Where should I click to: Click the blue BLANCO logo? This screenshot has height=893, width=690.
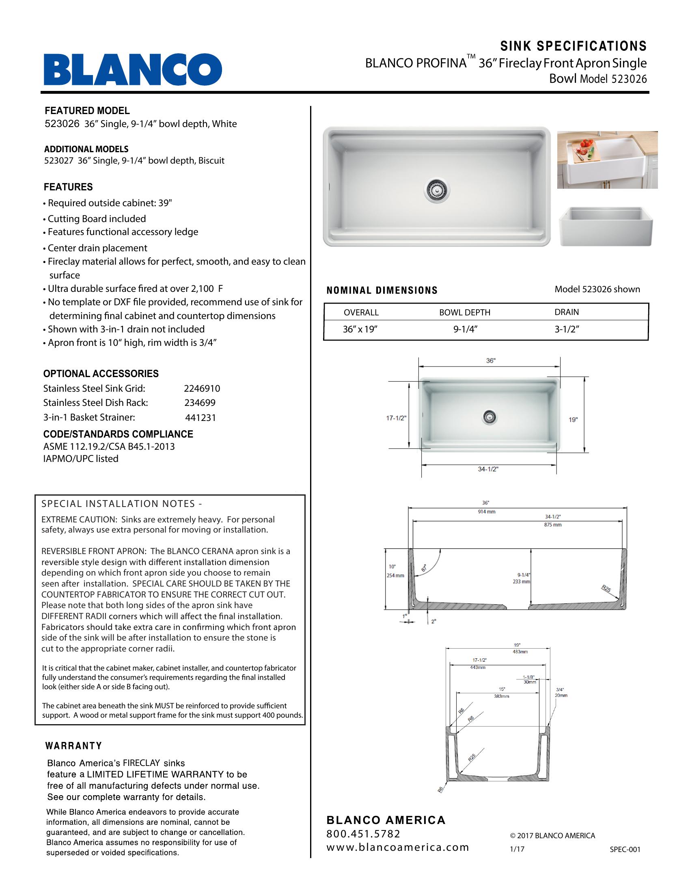point(133,69)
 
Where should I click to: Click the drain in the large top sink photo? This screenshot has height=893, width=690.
point(437,189)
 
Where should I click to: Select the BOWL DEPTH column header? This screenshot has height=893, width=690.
point(464,313)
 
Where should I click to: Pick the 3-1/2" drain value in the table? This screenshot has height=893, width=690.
point(567,330)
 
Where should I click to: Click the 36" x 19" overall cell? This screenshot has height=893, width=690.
point(360,330)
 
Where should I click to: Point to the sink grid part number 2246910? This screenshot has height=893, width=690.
point(202,388)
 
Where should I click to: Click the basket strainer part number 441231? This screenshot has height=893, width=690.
point(200,417)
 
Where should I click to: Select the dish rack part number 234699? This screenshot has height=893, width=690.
point(200,403)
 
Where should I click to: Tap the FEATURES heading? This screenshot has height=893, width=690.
point(68,187)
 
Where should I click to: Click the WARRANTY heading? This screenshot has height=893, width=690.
point(73,746)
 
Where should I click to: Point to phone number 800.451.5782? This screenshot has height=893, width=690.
point(363,834)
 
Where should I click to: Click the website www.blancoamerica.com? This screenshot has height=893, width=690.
point(397,847)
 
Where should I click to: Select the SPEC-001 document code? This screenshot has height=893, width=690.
point(625,849)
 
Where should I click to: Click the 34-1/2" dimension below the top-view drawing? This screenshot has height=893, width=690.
point(488,469)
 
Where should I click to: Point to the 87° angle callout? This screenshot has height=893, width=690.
point(424,568)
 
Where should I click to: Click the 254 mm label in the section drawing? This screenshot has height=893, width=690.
point(395,576)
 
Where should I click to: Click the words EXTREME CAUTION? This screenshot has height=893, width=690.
point(69,520)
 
